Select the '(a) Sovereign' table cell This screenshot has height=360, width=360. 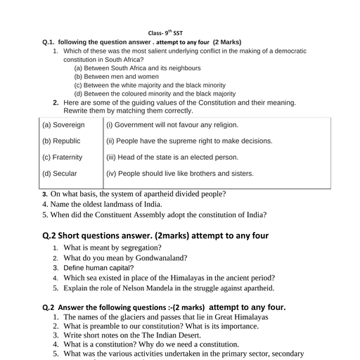tap(63, 124)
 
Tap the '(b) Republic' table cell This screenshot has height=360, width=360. tap(63, 141)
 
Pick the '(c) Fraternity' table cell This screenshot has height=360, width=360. tap(63, 157)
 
